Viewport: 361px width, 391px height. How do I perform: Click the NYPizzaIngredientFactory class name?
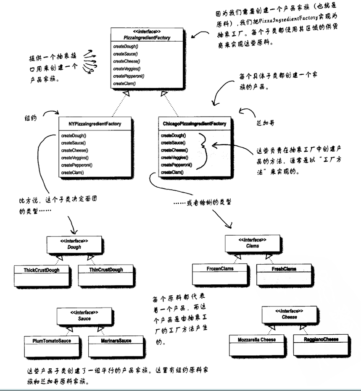click(95, 124)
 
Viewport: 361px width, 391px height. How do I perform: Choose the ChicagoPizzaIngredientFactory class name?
click(194, 124)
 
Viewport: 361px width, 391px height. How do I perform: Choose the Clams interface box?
click(253, 243)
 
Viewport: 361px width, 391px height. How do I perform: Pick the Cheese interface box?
click(289, 315)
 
